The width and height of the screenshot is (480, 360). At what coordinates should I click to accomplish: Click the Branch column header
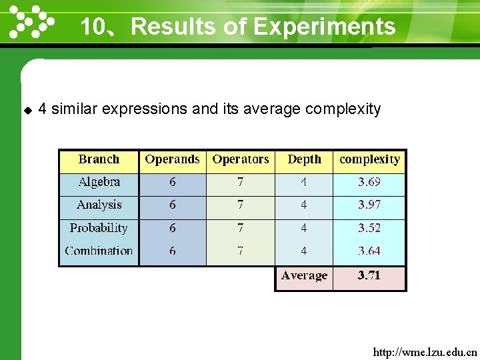99,159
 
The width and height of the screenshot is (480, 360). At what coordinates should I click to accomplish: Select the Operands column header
172,159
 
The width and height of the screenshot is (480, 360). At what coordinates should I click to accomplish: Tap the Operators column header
241,159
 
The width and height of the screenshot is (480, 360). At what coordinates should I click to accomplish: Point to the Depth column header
304,159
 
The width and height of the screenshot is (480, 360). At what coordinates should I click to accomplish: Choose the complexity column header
369,159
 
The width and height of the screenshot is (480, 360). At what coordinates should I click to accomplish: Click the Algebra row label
99,182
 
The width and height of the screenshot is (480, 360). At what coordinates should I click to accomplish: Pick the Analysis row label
99,205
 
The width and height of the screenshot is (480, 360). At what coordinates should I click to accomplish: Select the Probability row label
99,228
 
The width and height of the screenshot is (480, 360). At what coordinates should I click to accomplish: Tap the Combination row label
99,251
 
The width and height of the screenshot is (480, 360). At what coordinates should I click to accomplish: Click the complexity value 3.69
369,182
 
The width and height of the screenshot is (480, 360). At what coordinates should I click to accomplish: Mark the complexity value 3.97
369,205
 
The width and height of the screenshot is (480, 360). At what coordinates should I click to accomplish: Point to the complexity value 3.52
369,228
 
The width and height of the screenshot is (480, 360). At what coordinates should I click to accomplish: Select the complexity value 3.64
369,251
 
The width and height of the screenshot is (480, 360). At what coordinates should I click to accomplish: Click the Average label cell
304,276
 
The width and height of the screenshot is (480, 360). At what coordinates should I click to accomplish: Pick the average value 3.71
369,276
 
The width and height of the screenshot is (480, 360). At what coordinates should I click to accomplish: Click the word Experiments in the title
325,27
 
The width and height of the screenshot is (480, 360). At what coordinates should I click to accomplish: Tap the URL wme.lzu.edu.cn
425,351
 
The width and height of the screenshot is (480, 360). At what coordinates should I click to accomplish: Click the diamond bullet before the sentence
27,109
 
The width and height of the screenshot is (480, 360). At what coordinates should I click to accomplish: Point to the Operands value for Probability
173,228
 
